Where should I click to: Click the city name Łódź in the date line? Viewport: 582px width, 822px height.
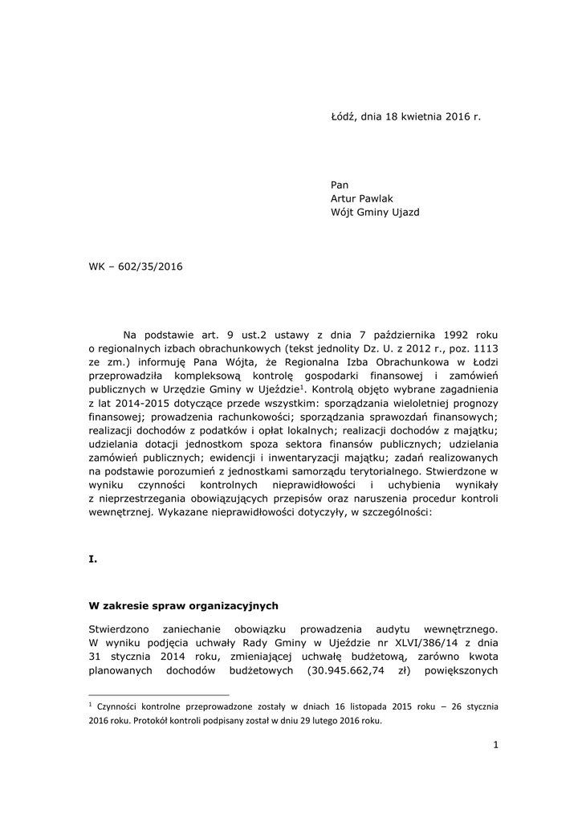click(344, 116)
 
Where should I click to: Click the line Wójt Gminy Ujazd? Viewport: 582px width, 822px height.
click(375, 213)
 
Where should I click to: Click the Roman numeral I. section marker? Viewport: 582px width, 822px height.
click(92, 560)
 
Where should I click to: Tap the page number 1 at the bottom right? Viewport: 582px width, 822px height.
click(496, 746)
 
